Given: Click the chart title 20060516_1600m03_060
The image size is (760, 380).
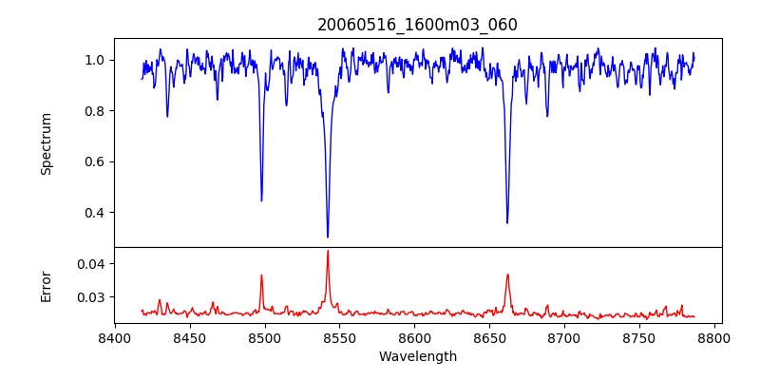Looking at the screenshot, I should tap(417, 25).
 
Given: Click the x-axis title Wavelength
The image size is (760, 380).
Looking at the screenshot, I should tap(417, 356).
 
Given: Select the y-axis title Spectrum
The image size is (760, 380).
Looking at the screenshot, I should tap(46, 143).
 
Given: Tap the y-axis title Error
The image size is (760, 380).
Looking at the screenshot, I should tap(46, 285).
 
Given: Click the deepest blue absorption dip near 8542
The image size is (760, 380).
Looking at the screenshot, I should tap(328, 237).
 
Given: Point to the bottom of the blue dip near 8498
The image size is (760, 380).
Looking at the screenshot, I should tap(261, 200).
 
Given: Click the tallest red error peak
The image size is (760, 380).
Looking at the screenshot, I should tap(328, 251).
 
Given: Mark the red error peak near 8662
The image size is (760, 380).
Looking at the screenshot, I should tap(507, 275).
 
